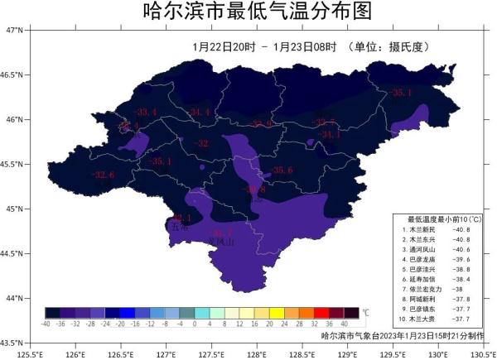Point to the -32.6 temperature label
[103, 175]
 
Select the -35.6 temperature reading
[282, 170]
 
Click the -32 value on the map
[200, 143]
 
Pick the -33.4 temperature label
[146, 113]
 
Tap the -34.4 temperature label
[201, 112]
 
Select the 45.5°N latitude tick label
[14, 164]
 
